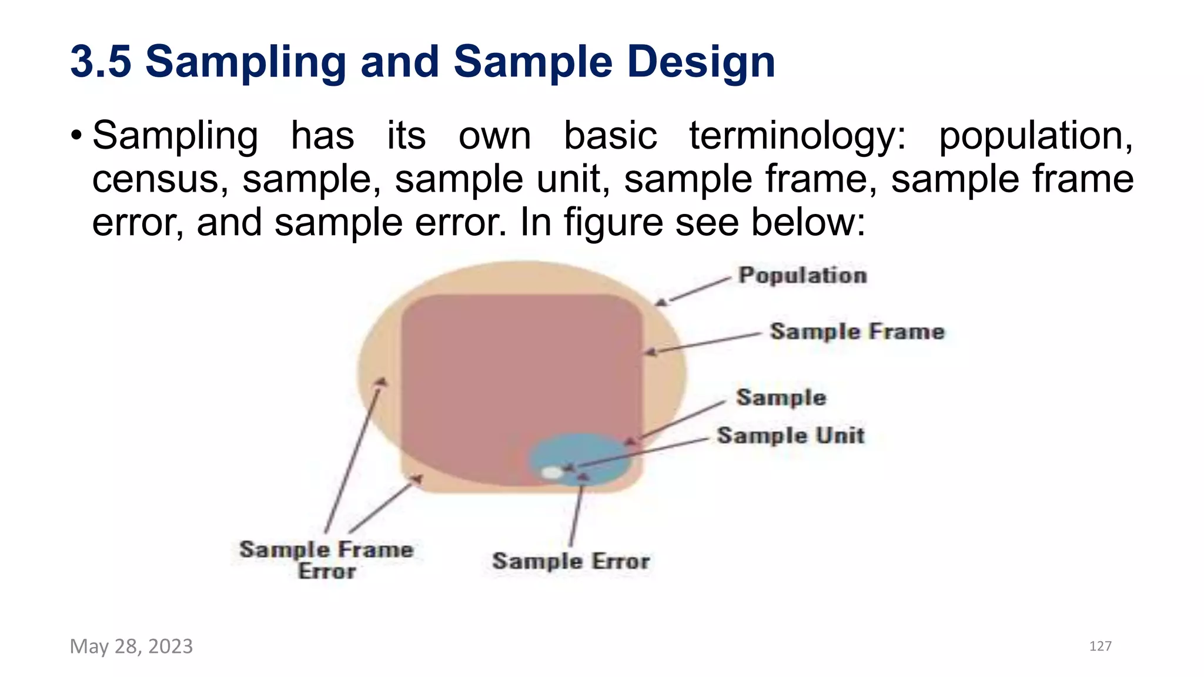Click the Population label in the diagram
pyautogui.click(x=802, y=276)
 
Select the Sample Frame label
pyautogui.click(x=857, y=332)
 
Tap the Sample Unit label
pyautogui.click(x=791, y=435)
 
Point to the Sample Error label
pyautogui.click(x=571, y=561)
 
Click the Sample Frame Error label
pyautogui.click(x=326, y=560)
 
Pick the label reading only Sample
pyautogui.click(x=781, y=398)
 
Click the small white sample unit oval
pyautogui.click(x=551, y=472)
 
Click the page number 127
pyautogui.click(x=1100, y=646)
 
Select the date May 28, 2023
pyautogui.click(x=131, y=646)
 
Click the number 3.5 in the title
pyautogui.click(x=101, y=62)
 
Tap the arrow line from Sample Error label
pyautogui.click(x=576, y=511)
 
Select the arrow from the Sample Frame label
pyautogui.click(x=705, y=343)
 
